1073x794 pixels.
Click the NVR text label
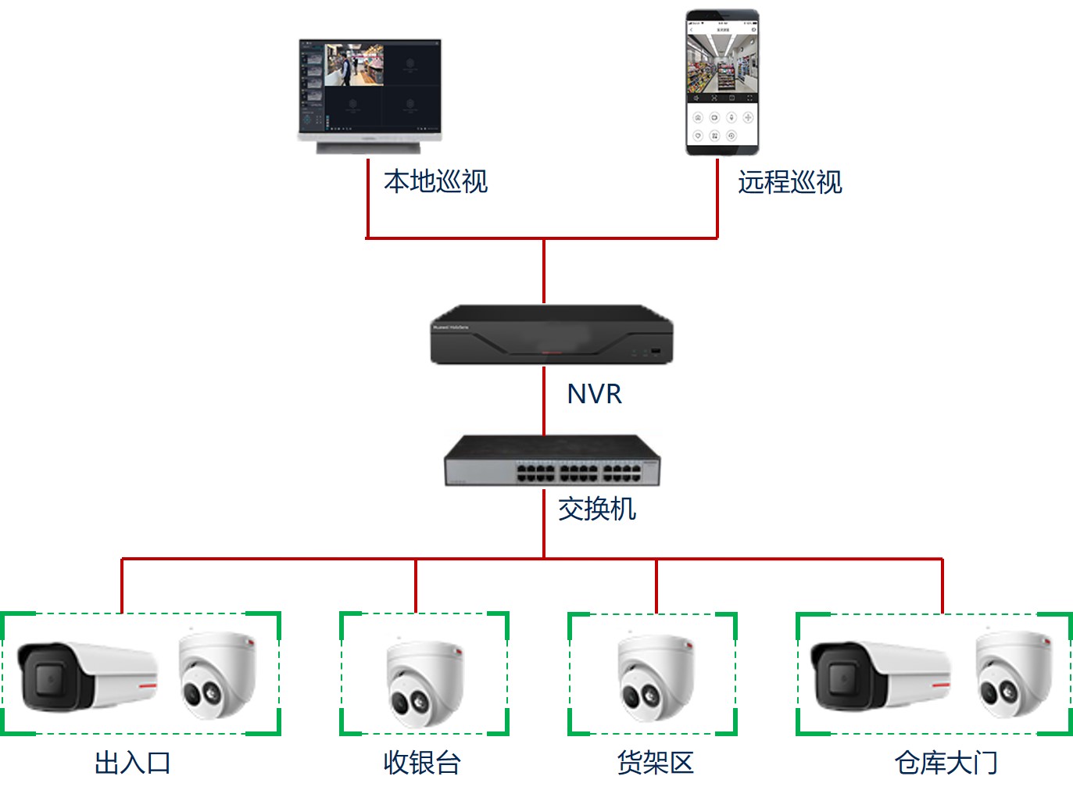pos(594,394)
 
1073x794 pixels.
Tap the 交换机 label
pos(597,509)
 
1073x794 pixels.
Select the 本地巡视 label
pos(435,181)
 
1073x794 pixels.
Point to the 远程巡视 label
pos(789,182)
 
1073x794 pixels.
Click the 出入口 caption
pos(132,763)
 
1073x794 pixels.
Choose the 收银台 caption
pos(422,763)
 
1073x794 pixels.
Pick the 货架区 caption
pos(655,763)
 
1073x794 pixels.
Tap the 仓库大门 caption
pos(946,763)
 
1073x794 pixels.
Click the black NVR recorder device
pos(551,334)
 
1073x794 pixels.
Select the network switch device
pos(552,460)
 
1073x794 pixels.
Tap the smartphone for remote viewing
pos(722,82)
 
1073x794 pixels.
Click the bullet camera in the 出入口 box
pos(86,675)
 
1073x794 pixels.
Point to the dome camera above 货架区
pos(655,677)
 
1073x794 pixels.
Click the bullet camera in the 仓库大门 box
pos(879,675)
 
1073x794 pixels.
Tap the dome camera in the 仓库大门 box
pos(1013,674)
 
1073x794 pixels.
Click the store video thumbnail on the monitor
pos(354,65)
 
